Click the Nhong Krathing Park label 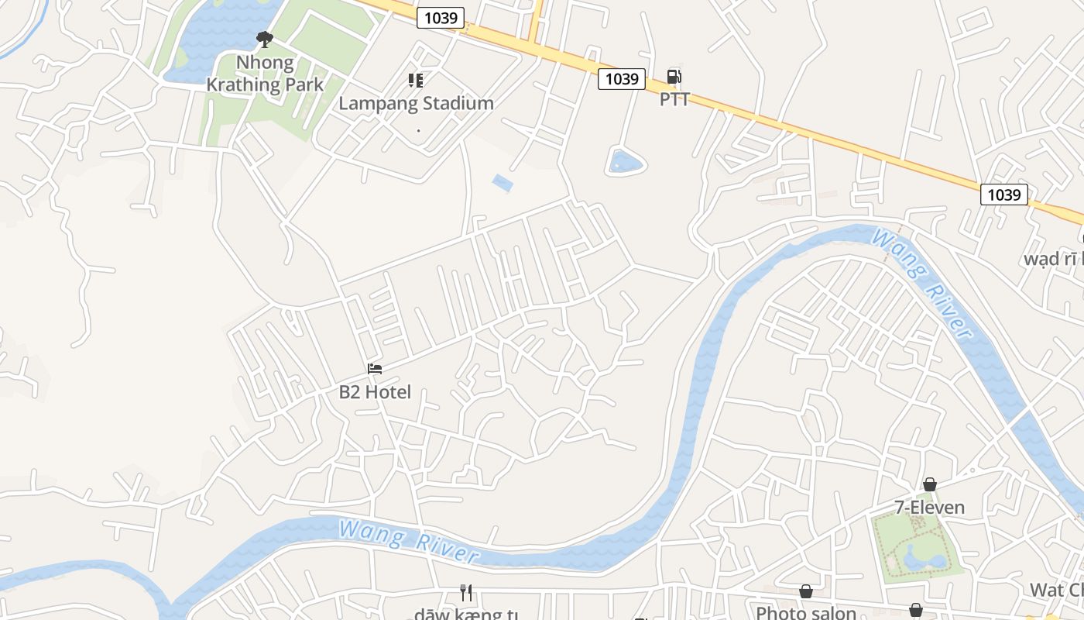pos(265,74)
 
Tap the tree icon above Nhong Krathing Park pos(265,38)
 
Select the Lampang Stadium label pos(416,103)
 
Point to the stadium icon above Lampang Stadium pos(416,80)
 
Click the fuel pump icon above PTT pos(674,77)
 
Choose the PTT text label pos(674,99)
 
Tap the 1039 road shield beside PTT pos(622,78)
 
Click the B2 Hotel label pos(375,392)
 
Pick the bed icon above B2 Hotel pos(375,369)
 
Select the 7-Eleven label pos(929,508)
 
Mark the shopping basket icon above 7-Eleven pos(929,484)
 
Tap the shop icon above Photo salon pos(806,592)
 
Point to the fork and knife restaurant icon pos(466,593)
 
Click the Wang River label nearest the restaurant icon pos(408,541)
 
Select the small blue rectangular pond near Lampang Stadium pos(502,184)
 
